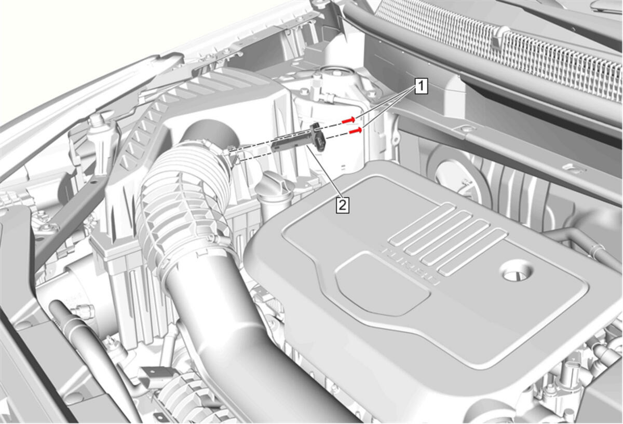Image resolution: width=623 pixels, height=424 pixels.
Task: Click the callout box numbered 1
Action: tap(422, 86)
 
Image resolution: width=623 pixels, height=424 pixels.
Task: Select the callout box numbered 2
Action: tap(343, 206)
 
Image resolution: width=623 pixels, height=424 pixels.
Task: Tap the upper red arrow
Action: tap(349, 120)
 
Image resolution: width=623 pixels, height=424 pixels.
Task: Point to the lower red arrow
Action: tap(356, 130)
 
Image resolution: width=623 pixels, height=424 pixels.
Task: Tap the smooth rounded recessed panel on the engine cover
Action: tap(381, 285)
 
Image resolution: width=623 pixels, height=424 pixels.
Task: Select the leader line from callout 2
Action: tap(323, 172)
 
